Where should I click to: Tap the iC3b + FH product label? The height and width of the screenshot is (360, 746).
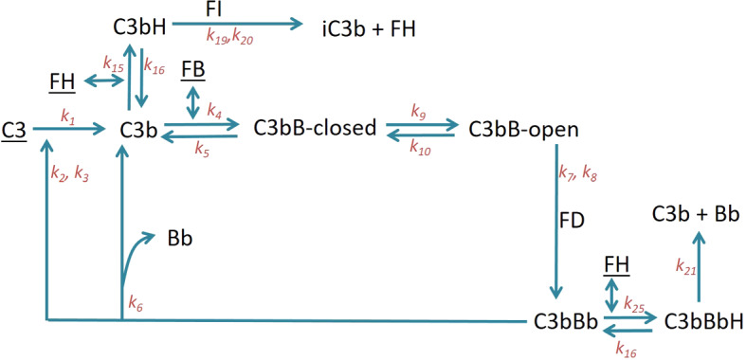[x=370, y=29]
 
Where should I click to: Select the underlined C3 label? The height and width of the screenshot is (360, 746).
[x=14, y=130]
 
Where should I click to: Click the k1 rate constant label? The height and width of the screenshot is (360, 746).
[x=67, y=116]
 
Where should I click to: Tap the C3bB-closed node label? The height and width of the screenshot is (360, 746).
[x=315, y=128]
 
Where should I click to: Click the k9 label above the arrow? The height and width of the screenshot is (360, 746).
[x=418, y=110]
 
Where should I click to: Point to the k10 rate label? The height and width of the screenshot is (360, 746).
[x=418, y=147]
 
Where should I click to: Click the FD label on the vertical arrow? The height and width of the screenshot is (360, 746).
[x=573, y=221]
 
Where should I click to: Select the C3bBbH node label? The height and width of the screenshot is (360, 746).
[x=703, y=319]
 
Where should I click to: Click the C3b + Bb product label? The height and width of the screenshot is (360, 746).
[x=695, y=214]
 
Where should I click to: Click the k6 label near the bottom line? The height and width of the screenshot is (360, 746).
[x=137, y=304]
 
